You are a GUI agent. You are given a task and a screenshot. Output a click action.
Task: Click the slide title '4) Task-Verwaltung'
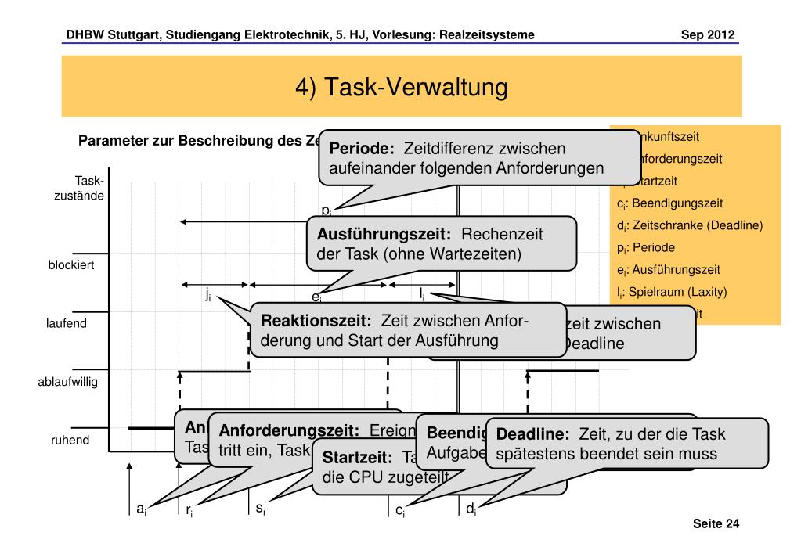[x=401, y=87]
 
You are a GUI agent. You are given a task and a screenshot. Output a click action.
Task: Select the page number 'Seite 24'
[x=716, y=523]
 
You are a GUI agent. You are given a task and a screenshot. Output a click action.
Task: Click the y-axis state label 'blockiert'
[x=71, y=264]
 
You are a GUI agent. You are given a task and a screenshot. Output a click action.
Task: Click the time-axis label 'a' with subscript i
[x=141, y=509]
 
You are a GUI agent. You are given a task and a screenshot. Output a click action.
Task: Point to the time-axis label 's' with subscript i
[x=260, y=509]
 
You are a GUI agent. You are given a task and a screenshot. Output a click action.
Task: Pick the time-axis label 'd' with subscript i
[x=471, y=509]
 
